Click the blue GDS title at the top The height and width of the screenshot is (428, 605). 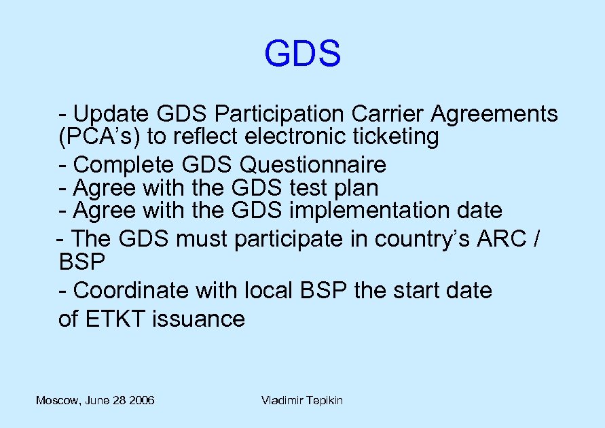click(302, 54)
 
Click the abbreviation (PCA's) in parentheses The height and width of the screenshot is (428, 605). click(100, 137)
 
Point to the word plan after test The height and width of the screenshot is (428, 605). click(356, 188)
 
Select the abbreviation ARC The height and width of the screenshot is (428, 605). click(501, 239)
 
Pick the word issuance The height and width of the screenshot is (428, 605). click(198, 319)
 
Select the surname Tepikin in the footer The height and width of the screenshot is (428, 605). click(322, 400)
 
